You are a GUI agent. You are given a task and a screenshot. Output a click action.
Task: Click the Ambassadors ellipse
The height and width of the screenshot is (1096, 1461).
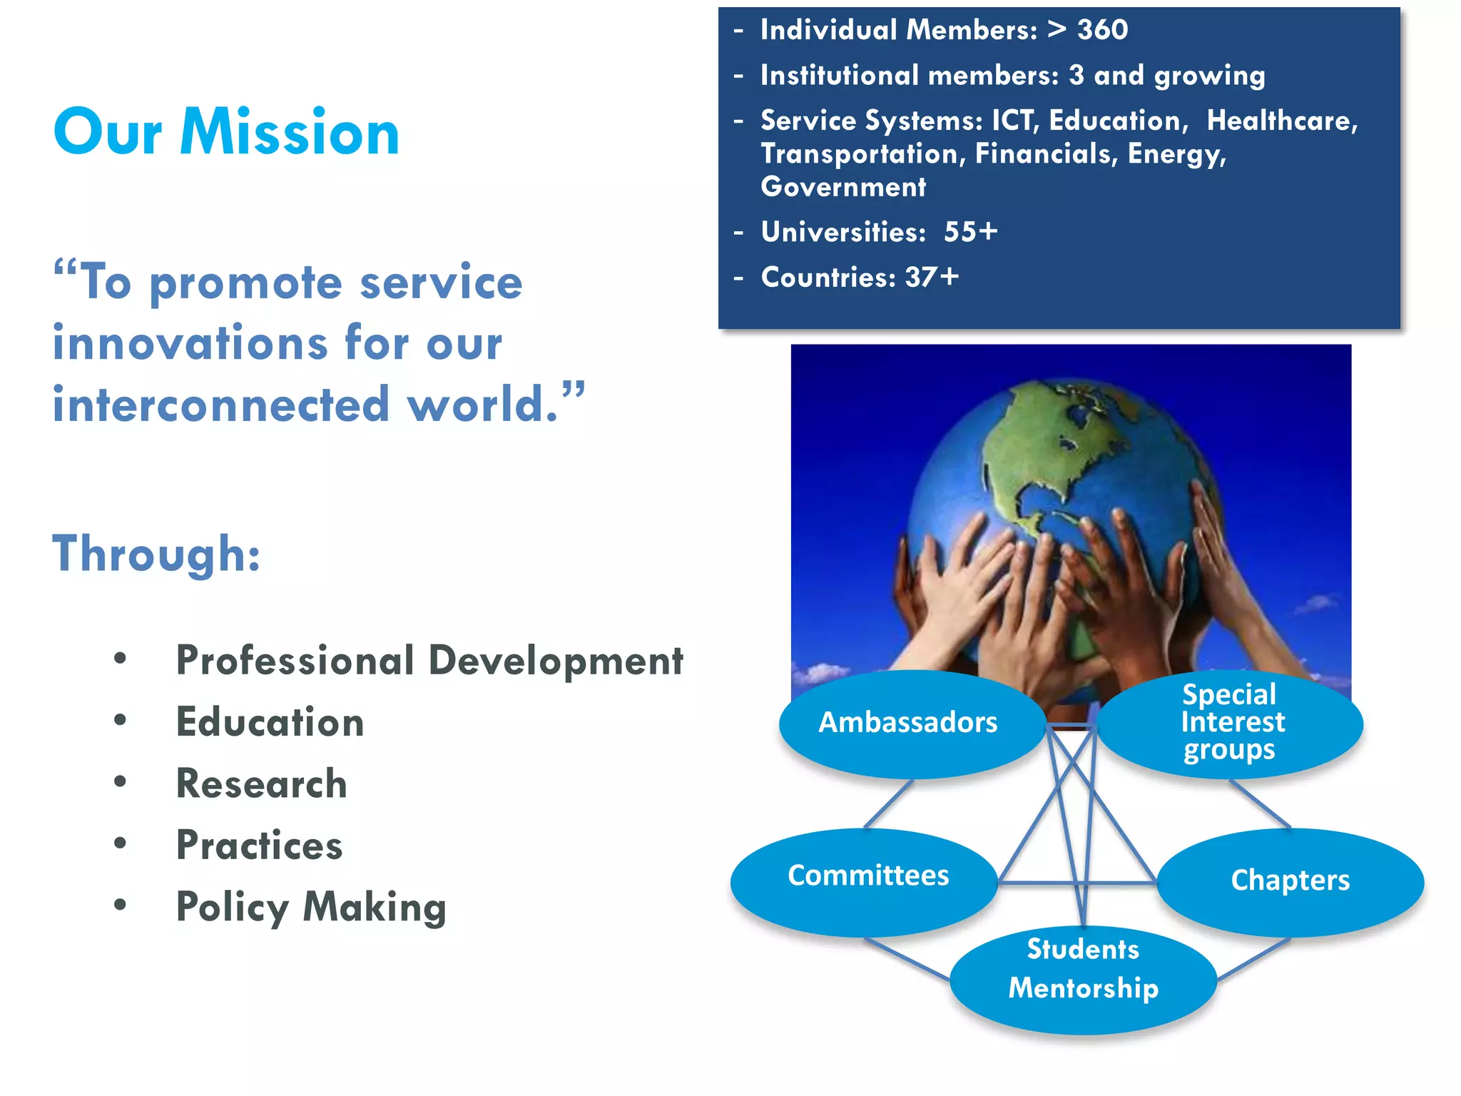click(910, 724)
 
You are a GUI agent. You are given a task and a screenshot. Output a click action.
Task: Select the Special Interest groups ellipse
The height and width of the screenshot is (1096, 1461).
click(1231, 722)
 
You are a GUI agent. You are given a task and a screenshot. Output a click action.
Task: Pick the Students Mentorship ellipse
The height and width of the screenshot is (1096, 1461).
click(1083, 979)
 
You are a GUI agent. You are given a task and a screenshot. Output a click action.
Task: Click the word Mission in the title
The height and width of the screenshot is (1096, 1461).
click(290, 133)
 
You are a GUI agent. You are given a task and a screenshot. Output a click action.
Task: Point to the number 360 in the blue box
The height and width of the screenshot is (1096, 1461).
click(1102, 30)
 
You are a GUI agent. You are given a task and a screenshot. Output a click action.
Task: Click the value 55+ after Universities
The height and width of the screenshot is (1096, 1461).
click(970, 232)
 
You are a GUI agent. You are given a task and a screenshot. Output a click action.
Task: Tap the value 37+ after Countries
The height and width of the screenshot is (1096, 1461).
click(932, 278)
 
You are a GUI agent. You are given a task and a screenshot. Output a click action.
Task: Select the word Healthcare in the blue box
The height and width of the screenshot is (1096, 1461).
click(1282, 121)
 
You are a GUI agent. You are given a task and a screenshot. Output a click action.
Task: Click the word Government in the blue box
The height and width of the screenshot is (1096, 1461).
click(843, 187)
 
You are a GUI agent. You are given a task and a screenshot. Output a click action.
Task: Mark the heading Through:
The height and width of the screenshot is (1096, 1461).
click(156, 554)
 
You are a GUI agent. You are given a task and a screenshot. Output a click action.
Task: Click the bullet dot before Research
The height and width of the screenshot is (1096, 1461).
click(120, 781)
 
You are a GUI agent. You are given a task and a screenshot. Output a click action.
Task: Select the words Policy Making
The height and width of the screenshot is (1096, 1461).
click(311, 908)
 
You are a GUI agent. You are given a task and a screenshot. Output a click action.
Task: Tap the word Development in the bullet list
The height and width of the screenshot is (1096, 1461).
click(556, 661)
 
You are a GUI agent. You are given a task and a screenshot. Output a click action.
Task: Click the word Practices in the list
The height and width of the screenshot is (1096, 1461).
click(260, 846)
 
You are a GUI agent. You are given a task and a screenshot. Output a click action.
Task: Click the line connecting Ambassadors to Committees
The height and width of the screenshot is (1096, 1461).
click(889, 803)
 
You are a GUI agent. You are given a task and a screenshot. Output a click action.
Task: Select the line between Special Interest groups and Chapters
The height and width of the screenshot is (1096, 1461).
click(1260, 803)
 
